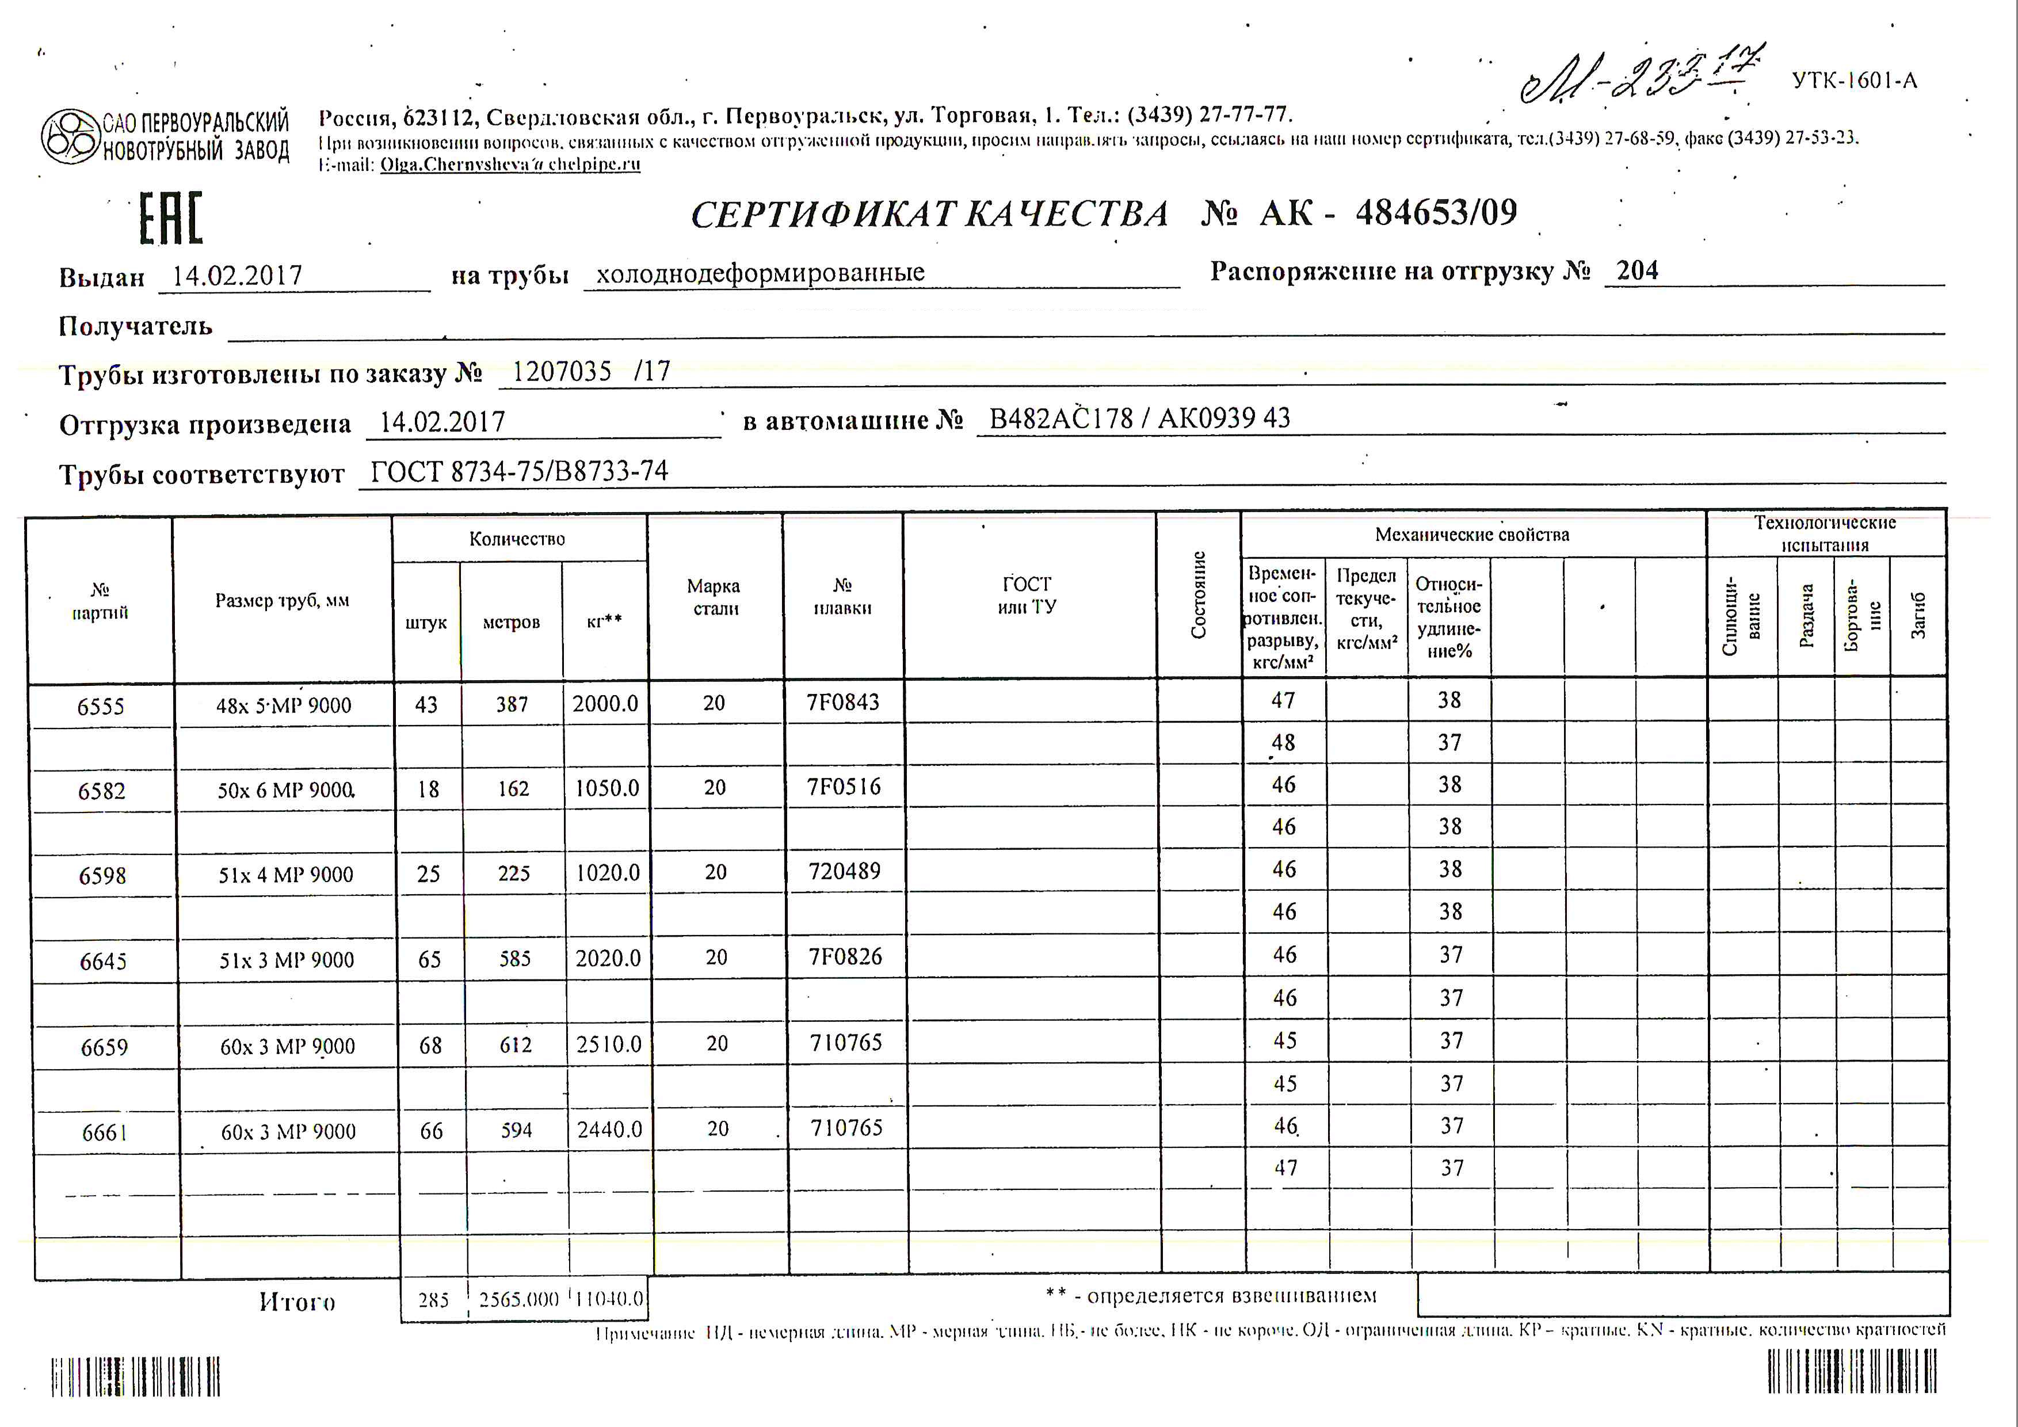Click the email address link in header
tap(510, 165)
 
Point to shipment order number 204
tap(1636, 270)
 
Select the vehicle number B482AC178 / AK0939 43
tap(1139, 418)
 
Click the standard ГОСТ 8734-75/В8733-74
tap(518, 472)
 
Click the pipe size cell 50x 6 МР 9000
tap(285, 790)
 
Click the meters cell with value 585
tap(514, 959)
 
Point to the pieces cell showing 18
tap(428, 789)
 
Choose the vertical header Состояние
tap(1198, 595)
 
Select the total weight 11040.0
tap(609, 1299)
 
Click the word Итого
tap(297, 1302)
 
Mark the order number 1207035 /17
tap(590, 372)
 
